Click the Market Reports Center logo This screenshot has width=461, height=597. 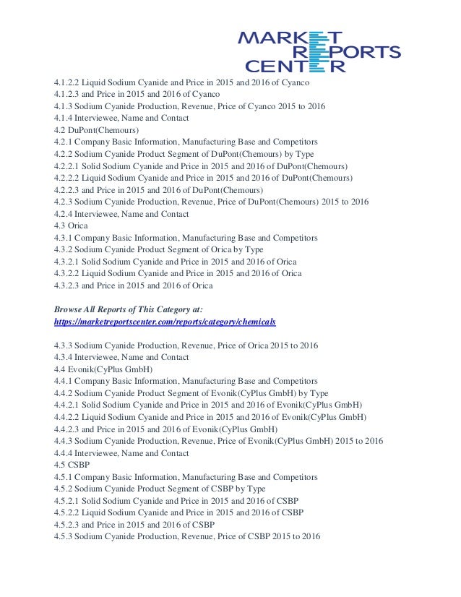tap(319, 52)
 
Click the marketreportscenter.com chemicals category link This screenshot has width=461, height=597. tap(165, 320)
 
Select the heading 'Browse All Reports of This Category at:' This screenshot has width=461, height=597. tap(129, 309)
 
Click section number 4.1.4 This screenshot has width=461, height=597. tap(65, 118)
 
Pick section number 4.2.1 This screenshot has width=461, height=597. tap(65, 142)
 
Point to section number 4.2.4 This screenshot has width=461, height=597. tap(65, 213)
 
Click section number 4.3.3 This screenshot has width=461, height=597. tap(65, 345)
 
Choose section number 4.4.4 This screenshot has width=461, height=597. tap(65, 452)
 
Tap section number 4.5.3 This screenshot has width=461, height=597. tap(65, 536)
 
